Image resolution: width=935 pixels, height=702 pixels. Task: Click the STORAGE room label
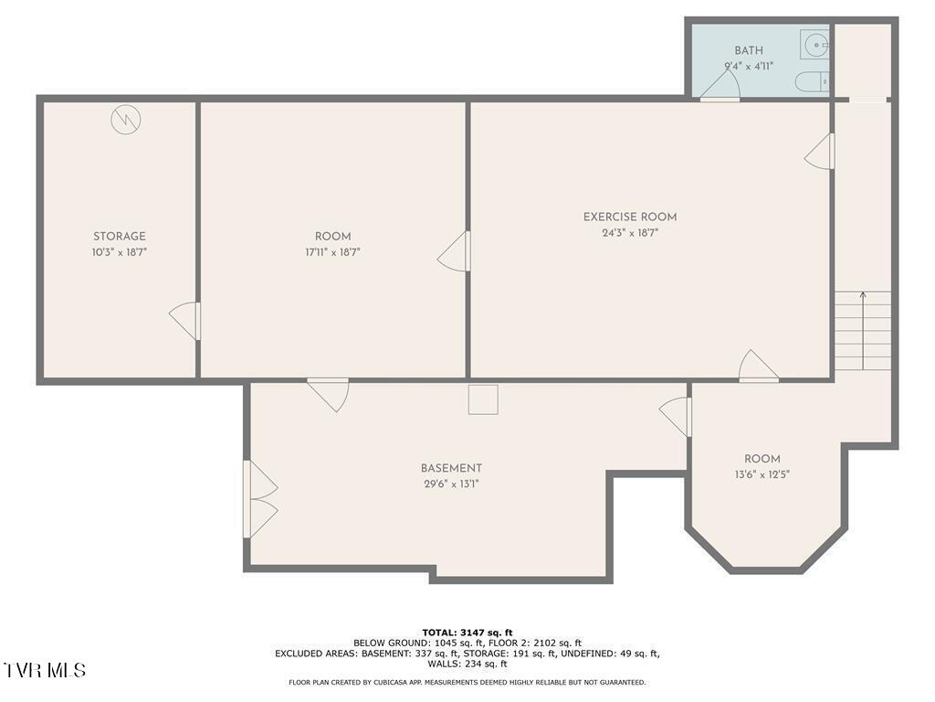pyautogui.click(x=119, y=237)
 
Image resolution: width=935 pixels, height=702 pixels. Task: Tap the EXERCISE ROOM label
pyautogui.click(x=630, y=217)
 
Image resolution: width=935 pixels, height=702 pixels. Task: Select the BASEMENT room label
pyautogui.click(x=451, y=469)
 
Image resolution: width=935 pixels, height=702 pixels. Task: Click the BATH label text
pyautogui.click(x=749, y=51)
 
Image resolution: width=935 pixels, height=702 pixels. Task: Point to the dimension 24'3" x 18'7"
pyautogui.click(x=630, y=233)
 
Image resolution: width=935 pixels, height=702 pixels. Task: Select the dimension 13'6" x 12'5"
pyautogui.click(x=762, y=474)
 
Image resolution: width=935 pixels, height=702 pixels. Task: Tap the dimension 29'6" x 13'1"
pyautogui.click(x=451, y=484)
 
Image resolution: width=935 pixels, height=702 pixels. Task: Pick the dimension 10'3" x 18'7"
pyautogui.click(x=119, y=252)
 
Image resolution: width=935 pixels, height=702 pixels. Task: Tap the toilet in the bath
pyautogui.click(x=812, y=82)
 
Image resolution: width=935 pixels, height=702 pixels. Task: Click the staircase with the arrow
pyautogui.click(x=863, y=329)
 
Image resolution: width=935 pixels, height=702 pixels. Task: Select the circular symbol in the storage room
pyautogui.click(x=126, y=120)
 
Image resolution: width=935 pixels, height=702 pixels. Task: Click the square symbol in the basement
pyautogui.click(x=483, y=399)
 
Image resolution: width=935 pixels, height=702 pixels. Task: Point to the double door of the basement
pyautogui.click(x=259, y=499)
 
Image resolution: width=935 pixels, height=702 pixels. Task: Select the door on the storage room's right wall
pyautogui.click(x=185, y=321)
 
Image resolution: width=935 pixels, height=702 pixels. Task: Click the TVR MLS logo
pyautogui.click(x=45, y=670)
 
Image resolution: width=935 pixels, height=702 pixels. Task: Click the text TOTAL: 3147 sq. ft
pyautogui.click(x=467, y=633)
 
